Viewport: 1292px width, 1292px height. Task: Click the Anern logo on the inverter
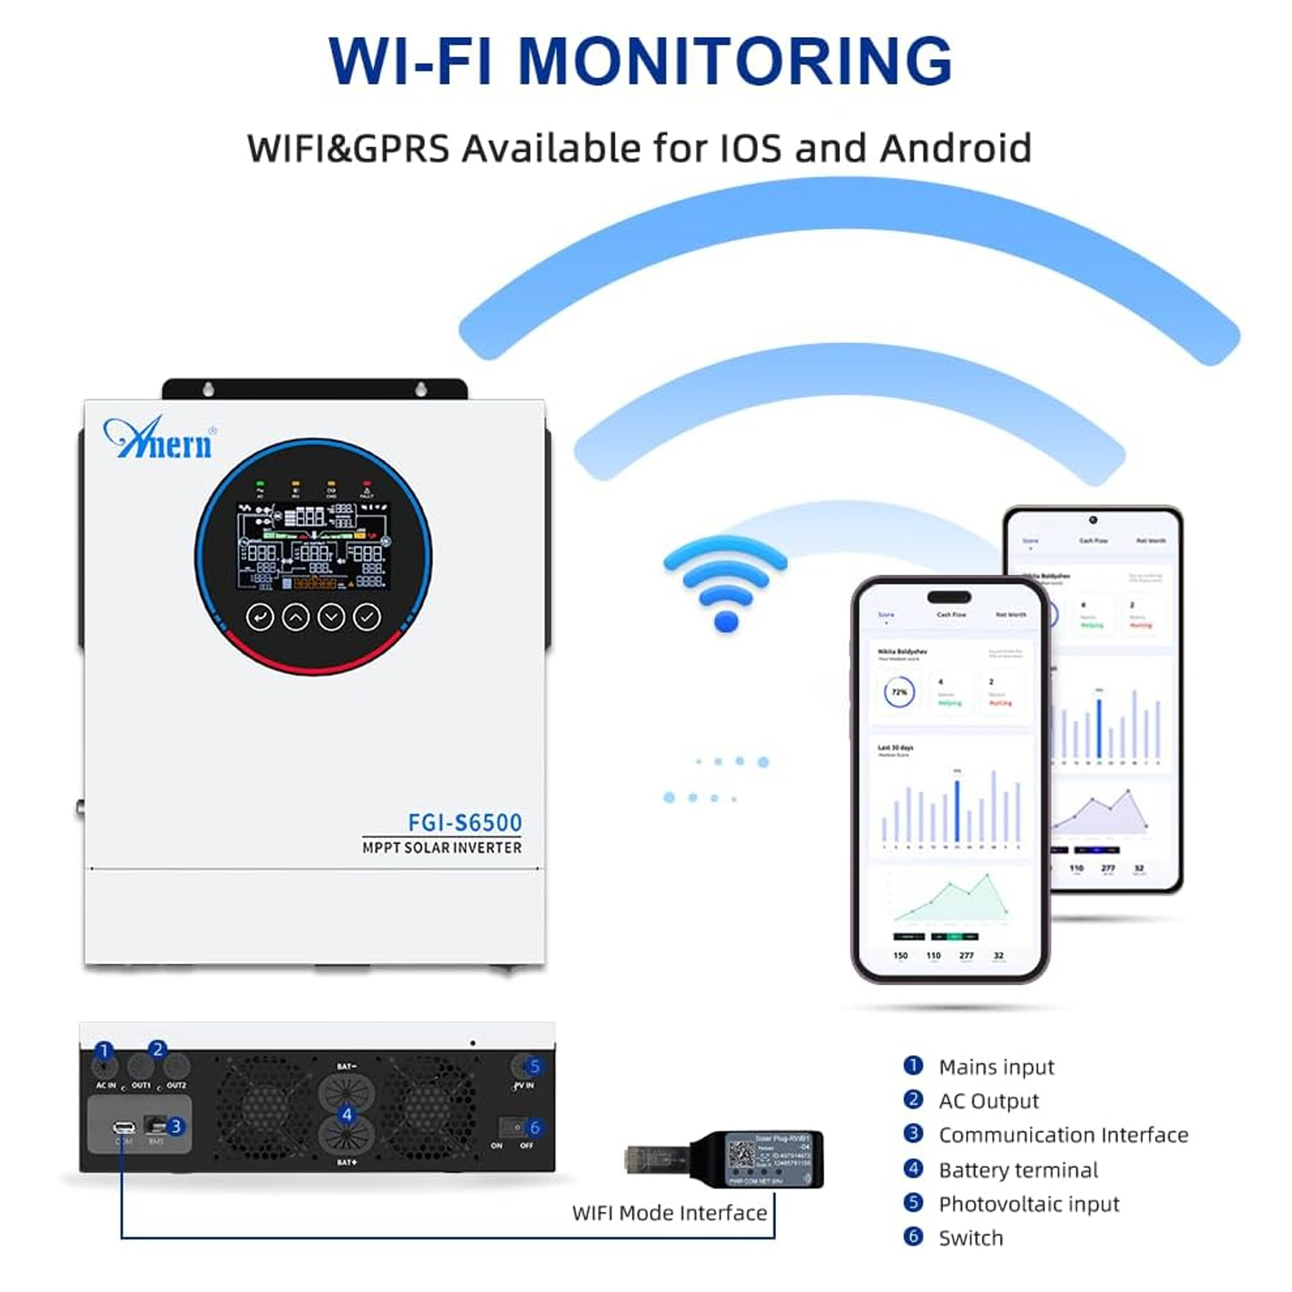(x=160, y=440)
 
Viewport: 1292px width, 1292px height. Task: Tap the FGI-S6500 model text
(x=464, y=823)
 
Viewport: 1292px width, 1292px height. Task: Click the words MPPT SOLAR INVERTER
(x=442, y=848)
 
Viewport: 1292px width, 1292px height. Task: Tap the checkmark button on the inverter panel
(x=367, y=617)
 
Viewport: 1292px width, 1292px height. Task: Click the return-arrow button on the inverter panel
(x=260, y=617)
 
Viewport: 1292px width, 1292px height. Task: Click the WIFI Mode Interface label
(x=669, y=1213)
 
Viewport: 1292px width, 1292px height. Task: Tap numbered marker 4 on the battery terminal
(x=346, y=1115)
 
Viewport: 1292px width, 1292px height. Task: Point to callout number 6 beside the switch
(x=535, y=1127)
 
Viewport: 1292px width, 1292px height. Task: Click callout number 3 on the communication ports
(x=176, y=1126)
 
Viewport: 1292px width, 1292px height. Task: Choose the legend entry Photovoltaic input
(x=1028, y=1204)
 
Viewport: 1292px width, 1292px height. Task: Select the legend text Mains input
(x=996, y=1067)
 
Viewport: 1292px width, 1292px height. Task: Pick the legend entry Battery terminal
(x=1018, y=1170)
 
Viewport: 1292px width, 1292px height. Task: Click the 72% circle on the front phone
(x=899, y=693)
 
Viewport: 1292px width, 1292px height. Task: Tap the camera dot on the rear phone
(x=1092, y=520)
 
